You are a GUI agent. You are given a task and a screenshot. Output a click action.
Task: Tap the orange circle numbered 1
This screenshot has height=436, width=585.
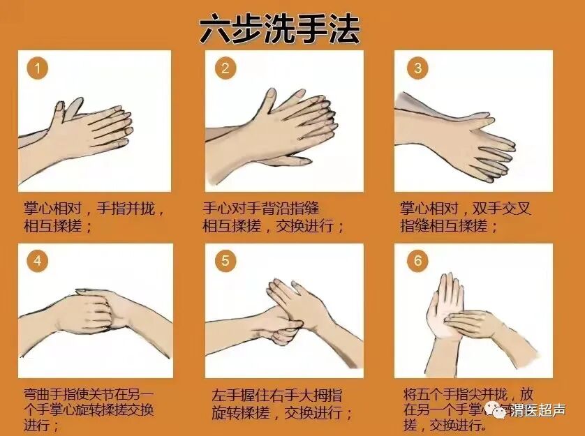(38, 68)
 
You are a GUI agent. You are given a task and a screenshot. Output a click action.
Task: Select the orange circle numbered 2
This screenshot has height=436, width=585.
(225, 68)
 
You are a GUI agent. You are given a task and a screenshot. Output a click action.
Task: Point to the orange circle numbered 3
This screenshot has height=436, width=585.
(417, 68)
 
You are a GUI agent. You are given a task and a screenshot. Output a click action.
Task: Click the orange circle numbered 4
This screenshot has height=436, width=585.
(38, 261)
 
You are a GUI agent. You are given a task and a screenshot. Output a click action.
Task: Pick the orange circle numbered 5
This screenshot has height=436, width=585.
(225, 261)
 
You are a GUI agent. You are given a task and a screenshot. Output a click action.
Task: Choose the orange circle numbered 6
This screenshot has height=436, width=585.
(417, 261)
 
